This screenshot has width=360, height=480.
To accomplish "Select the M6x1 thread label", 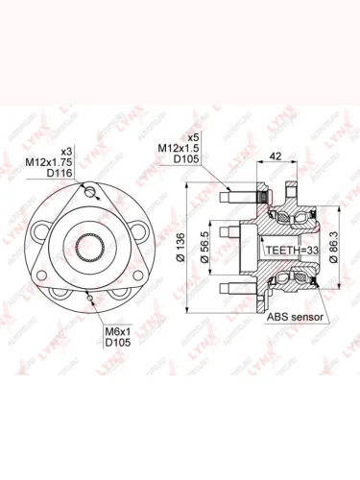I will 118,331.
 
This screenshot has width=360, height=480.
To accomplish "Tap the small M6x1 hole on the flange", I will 89,298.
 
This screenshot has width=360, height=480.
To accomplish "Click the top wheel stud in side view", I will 230,200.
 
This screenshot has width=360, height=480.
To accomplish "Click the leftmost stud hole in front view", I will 40,231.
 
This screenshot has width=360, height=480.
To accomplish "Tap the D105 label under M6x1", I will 118,343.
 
